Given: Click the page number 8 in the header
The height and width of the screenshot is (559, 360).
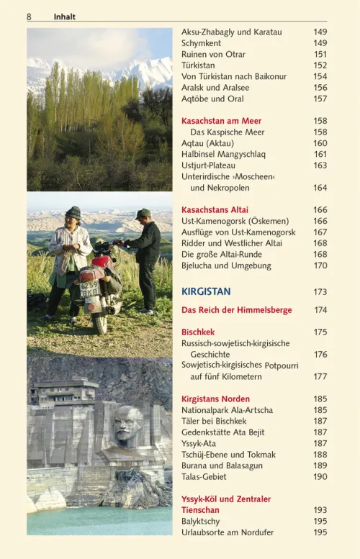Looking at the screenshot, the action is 29,17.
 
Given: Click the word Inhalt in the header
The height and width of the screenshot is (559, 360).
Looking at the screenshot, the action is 64,17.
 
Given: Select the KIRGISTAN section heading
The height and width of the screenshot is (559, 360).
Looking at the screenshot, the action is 206,291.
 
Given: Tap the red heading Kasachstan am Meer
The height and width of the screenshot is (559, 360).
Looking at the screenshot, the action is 221,121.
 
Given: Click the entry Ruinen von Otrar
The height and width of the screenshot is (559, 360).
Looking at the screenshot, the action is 213,54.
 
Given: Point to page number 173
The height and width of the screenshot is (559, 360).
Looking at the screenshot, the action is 320,292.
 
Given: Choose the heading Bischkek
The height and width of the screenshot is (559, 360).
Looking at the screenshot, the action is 198,332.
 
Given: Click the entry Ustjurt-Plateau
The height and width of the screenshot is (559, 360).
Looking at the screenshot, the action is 208,165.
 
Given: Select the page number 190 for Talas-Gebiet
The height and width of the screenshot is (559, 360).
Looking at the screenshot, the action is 320,476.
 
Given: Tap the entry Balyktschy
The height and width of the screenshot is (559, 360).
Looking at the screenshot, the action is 201,521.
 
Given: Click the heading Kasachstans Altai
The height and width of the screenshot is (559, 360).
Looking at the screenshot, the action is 215,210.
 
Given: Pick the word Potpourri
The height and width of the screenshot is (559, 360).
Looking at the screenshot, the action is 281,365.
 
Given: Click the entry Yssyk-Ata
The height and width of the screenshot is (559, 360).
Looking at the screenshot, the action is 199,443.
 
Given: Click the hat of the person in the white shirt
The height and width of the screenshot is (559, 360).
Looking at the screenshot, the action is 73,212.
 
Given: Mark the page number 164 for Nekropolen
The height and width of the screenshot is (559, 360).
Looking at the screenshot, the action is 320,188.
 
